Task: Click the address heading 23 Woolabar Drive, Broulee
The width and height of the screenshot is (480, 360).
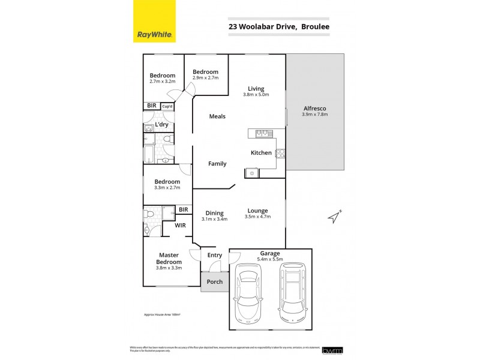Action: point(278,26)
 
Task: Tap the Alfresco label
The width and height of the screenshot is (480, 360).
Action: point(315,109)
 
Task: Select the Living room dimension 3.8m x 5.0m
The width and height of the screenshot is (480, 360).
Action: point(256,95)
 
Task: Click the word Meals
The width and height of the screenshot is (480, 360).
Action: point(217,116)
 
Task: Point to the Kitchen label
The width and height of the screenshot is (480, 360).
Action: point(261,153)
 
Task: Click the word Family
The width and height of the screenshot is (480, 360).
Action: point(217,164)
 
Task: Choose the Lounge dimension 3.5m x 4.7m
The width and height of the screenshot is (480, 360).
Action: point(257,217)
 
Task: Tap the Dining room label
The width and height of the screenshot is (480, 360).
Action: point(214,213)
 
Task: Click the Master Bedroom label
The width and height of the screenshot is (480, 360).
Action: point(169,259)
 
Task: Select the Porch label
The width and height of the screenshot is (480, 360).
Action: point(214,281)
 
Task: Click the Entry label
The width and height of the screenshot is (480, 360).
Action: point(214,256)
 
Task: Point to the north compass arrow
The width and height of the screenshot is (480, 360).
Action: point(334,217)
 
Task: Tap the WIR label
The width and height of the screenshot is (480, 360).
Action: point(180,226)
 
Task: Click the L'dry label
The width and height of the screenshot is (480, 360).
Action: point(161,125)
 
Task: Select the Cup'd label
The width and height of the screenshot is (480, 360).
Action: point(167,107)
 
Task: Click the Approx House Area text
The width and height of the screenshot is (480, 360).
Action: point(162,314)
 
